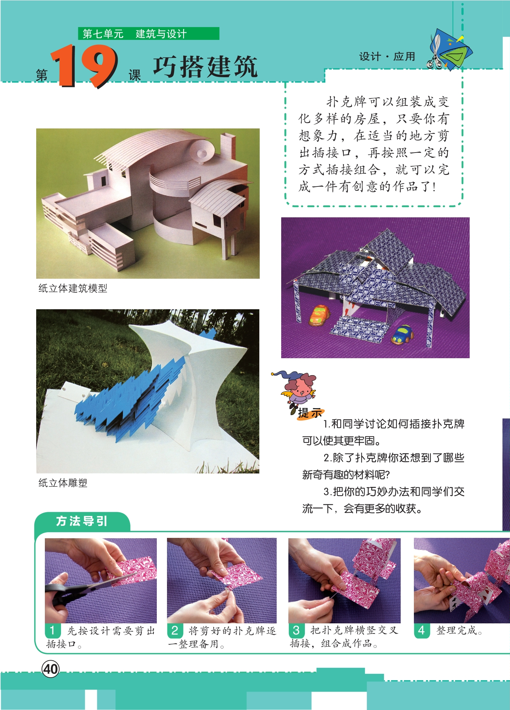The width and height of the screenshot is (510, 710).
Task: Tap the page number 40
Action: [x=51, y=669]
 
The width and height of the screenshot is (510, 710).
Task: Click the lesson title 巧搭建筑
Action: [x=205, y=67]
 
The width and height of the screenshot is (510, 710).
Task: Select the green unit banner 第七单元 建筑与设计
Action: [x=149, y=34]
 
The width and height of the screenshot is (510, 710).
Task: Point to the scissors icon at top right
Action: [x=435, y=52]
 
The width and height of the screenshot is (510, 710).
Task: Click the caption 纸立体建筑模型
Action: [x=73, y=289]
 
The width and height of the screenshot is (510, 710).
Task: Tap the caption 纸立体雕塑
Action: [x=63, y=483]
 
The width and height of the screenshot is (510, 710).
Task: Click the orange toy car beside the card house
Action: [x=319, y=315]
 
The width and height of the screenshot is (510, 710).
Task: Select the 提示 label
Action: [x=310, y=413]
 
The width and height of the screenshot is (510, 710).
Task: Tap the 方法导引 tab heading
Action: [x=82, y=521]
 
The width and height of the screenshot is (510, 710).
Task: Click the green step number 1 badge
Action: [x=52, y=631]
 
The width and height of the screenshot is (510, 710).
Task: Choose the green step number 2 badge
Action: [x=175, y=631]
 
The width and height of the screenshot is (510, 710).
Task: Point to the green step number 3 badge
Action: [x=296, y=630]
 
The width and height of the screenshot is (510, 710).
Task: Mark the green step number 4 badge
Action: [x=421, y=630]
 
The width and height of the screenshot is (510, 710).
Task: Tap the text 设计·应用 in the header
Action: [x=387, y=56]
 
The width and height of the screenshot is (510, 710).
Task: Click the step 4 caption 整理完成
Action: [x=459, y=630]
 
